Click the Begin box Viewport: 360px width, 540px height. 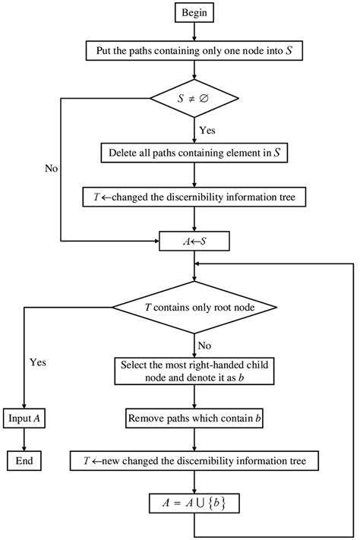point(196,13)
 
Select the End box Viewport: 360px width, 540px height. point(24,460)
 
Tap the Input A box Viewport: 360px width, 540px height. point(24,419)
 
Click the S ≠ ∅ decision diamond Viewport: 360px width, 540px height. point(196,97)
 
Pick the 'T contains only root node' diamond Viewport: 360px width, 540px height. point(196,308)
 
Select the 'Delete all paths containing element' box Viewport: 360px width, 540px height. point(196,153)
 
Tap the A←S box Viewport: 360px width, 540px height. point(196,242)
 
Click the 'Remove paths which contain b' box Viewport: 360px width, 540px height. point(196,418)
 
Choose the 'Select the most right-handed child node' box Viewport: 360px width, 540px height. point(196,371)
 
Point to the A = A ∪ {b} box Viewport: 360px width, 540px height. point(196,502)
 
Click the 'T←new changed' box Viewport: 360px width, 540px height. point(196,460)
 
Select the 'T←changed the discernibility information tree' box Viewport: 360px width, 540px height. point(196,197)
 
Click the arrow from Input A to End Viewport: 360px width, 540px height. point(24,440)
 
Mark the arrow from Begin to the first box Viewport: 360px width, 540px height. point(196,33)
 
